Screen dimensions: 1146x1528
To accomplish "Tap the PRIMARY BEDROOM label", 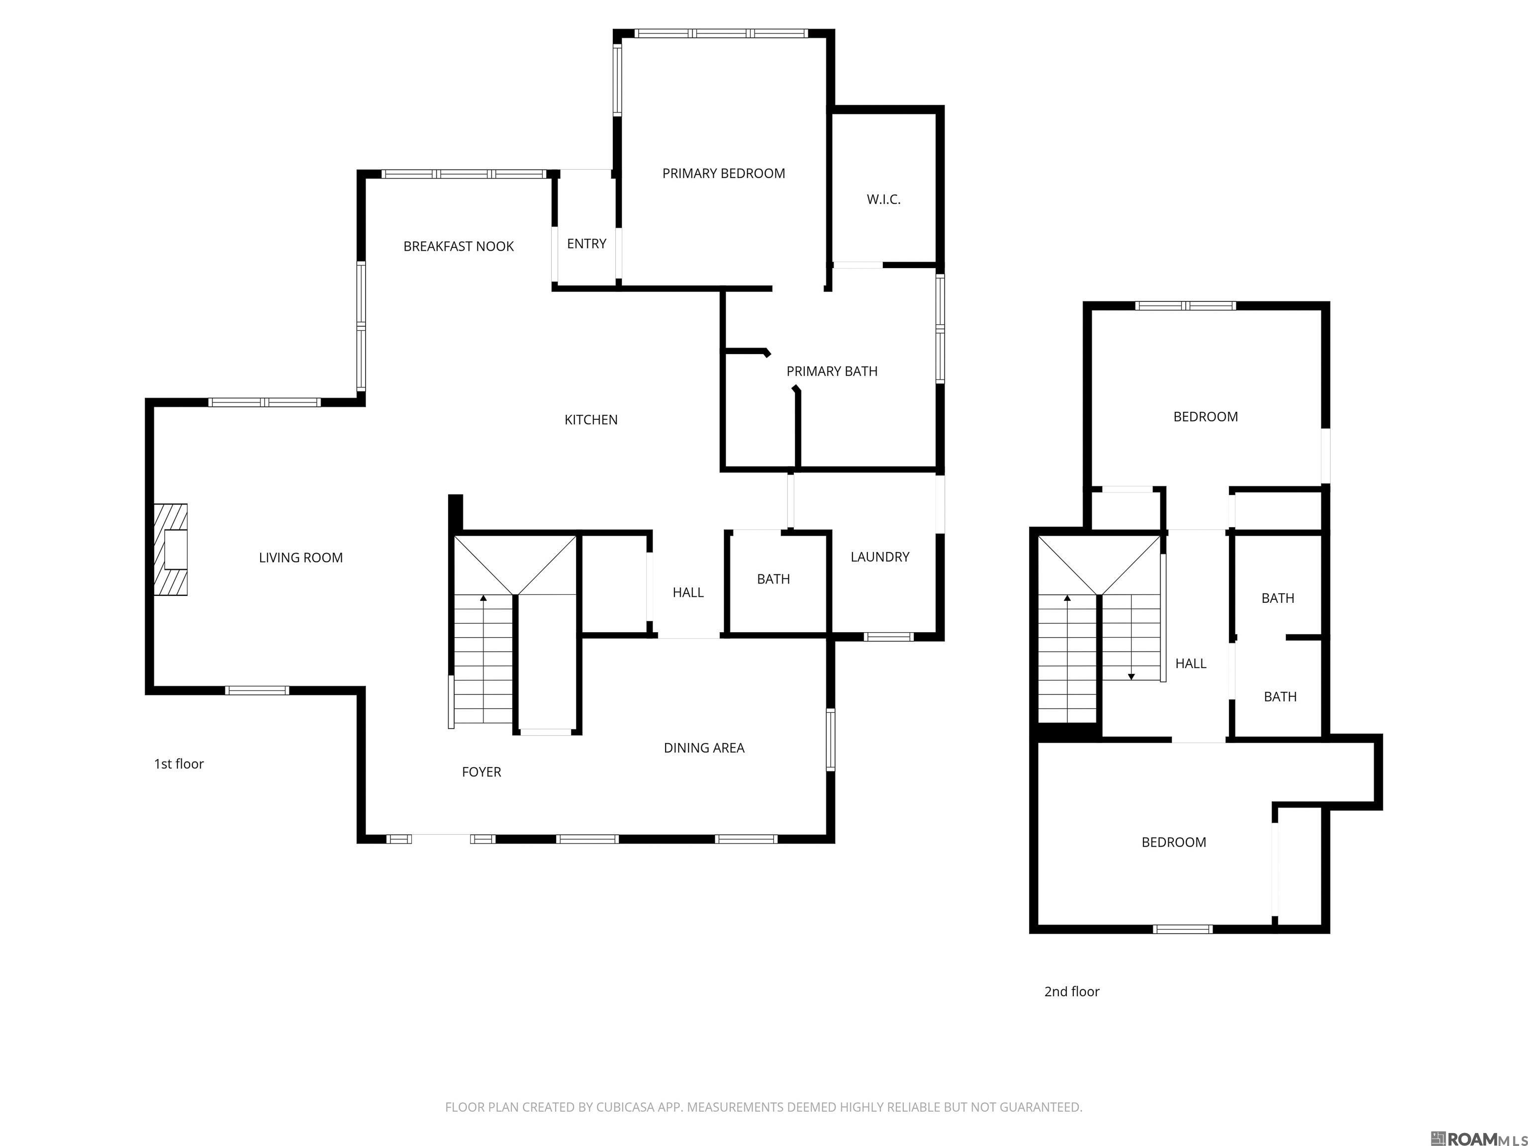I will coord(723,174).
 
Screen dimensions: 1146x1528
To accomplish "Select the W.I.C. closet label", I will coord(883,199).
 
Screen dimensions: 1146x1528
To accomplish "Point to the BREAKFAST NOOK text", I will coord(458,247).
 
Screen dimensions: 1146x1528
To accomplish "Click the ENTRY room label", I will coord(586,244).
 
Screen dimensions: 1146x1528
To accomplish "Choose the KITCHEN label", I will coord(590,419).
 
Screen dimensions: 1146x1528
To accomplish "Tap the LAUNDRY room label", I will coord(879,557).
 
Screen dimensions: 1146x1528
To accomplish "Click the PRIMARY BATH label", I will coord(832,371).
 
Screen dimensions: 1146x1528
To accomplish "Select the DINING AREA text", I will coord(703,748).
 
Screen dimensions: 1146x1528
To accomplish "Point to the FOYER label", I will coord(481,771).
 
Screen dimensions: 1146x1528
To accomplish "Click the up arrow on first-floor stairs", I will coord(483,598).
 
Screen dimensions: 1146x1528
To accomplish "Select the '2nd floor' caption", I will coord(1071,991).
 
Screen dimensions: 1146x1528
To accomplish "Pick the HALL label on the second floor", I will coord(1190,663).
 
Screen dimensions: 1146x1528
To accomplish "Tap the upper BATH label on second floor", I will coord(1277,598).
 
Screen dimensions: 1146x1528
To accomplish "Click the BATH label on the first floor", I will coord(772,579).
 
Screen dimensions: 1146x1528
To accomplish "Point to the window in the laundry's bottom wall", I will coord(888,636).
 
